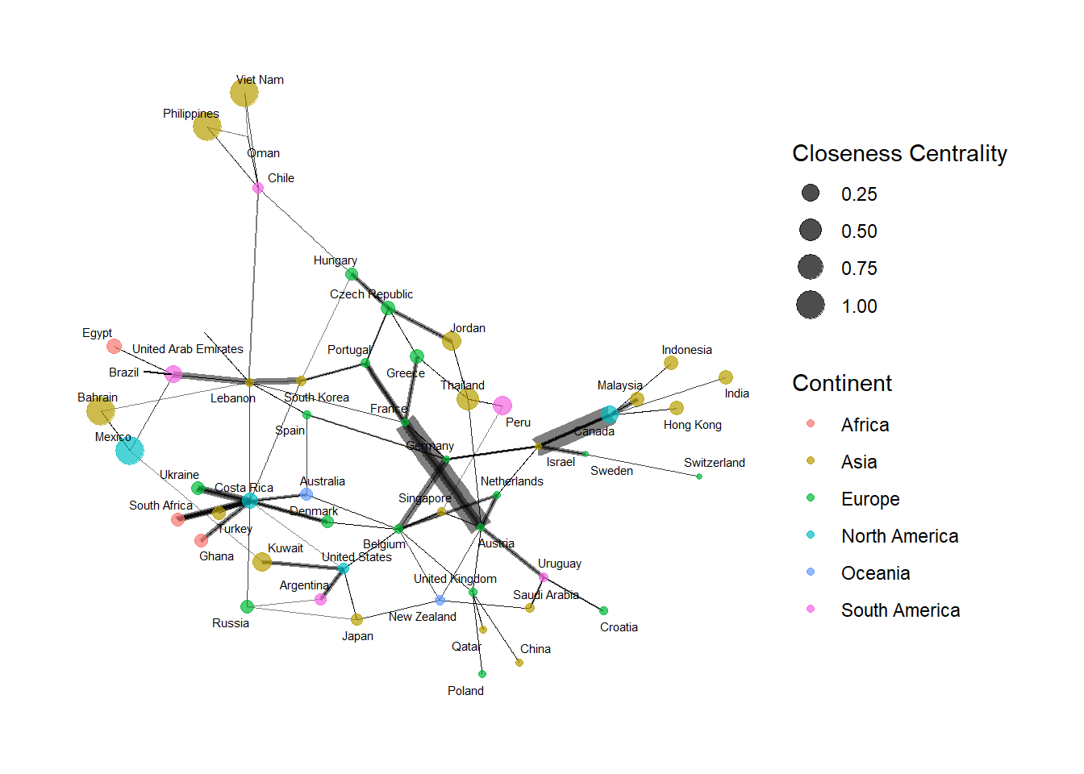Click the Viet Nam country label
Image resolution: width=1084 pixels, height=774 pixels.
point(260,80)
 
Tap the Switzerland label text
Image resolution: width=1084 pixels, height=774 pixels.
point(714,463)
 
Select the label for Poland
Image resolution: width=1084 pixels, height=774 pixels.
point(465,691)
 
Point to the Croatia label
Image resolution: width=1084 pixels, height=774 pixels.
point(619,627)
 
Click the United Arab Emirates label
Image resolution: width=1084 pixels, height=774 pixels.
point(187,349)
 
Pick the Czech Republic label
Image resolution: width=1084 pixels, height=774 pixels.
point(371,294)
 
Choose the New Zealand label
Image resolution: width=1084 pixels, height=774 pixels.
point(422,617)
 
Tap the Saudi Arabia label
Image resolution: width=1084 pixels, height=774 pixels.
point(545,595)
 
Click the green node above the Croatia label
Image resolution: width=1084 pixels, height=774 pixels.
point(603,610)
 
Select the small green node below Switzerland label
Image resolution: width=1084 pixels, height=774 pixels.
point(699,476)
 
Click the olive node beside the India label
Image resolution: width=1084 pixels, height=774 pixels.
point(726,377)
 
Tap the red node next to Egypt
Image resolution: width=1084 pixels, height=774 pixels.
point(115,347)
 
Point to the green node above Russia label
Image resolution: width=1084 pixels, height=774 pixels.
point(247,606)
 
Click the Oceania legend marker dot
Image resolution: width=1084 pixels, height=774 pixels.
point(811,572)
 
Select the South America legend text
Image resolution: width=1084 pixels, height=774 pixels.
point(900,610)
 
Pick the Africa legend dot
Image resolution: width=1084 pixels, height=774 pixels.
point(811,424)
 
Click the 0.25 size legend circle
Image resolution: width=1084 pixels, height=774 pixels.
point(811,193)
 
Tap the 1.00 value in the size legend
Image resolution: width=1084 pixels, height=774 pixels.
point(859,306)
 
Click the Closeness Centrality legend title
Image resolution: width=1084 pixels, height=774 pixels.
point(899,153)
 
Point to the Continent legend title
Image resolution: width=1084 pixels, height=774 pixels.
point(842,383)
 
